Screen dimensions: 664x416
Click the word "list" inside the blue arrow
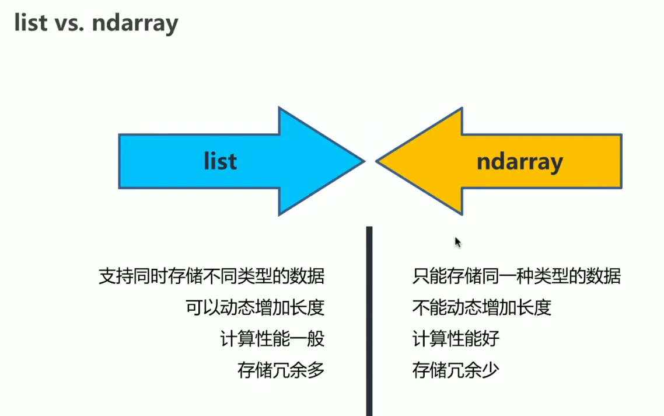click(221, 161)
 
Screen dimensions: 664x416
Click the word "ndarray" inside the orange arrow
click(519, 161)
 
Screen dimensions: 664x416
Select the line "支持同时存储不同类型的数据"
click(211, 276)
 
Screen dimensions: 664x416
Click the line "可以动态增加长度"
click(254, 307)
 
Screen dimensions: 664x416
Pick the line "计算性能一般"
click(272, 339)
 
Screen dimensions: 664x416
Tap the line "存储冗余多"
click(281, 370)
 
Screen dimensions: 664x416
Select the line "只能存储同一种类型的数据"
click(516, 276)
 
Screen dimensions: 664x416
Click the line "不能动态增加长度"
click(481, 307)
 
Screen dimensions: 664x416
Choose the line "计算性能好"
click(456, 339)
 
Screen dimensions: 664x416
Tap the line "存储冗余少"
click(456, 370)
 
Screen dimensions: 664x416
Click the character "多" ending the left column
click(316, 370)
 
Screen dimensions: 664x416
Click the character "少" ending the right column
click(491, 370)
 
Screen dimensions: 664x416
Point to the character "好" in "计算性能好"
click(491, 339)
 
